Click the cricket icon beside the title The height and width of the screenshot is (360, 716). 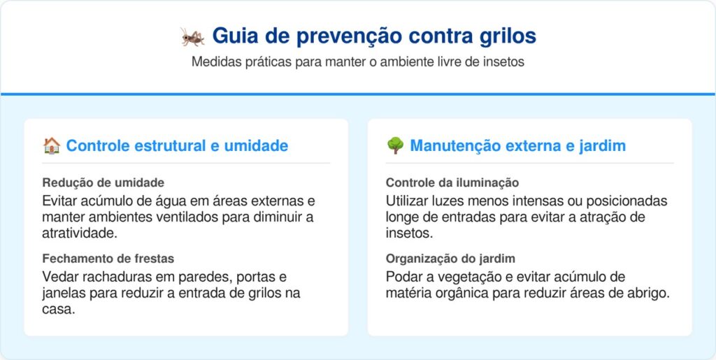192,36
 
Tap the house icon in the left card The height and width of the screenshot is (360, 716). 51,146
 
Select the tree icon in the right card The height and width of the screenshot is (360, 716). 395,146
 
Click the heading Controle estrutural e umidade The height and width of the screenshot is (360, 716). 177,146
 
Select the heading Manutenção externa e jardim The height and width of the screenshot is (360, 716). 517,146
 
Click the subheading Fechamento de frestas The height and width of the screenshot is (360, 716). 108,258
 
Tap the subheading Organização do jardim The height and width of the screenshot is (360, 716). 450,258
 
